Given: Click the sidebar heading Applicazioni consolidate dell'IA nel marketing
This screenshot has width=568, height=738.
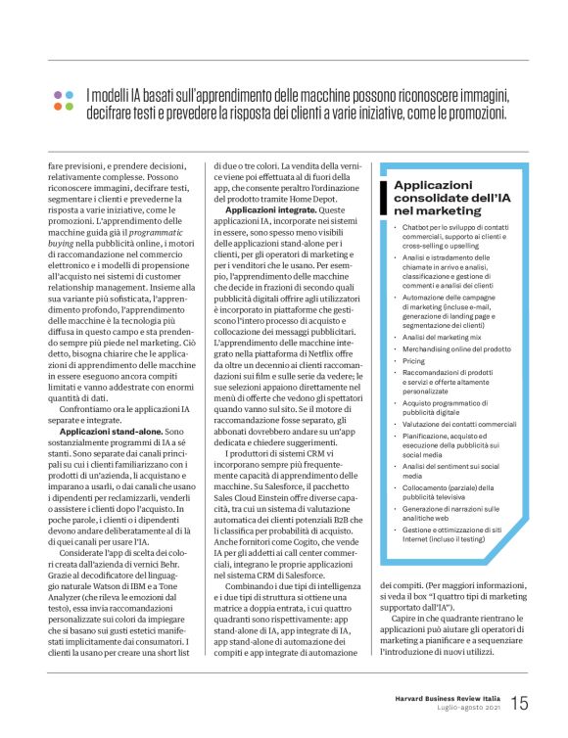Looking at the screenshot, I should [x=450, y=198].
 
